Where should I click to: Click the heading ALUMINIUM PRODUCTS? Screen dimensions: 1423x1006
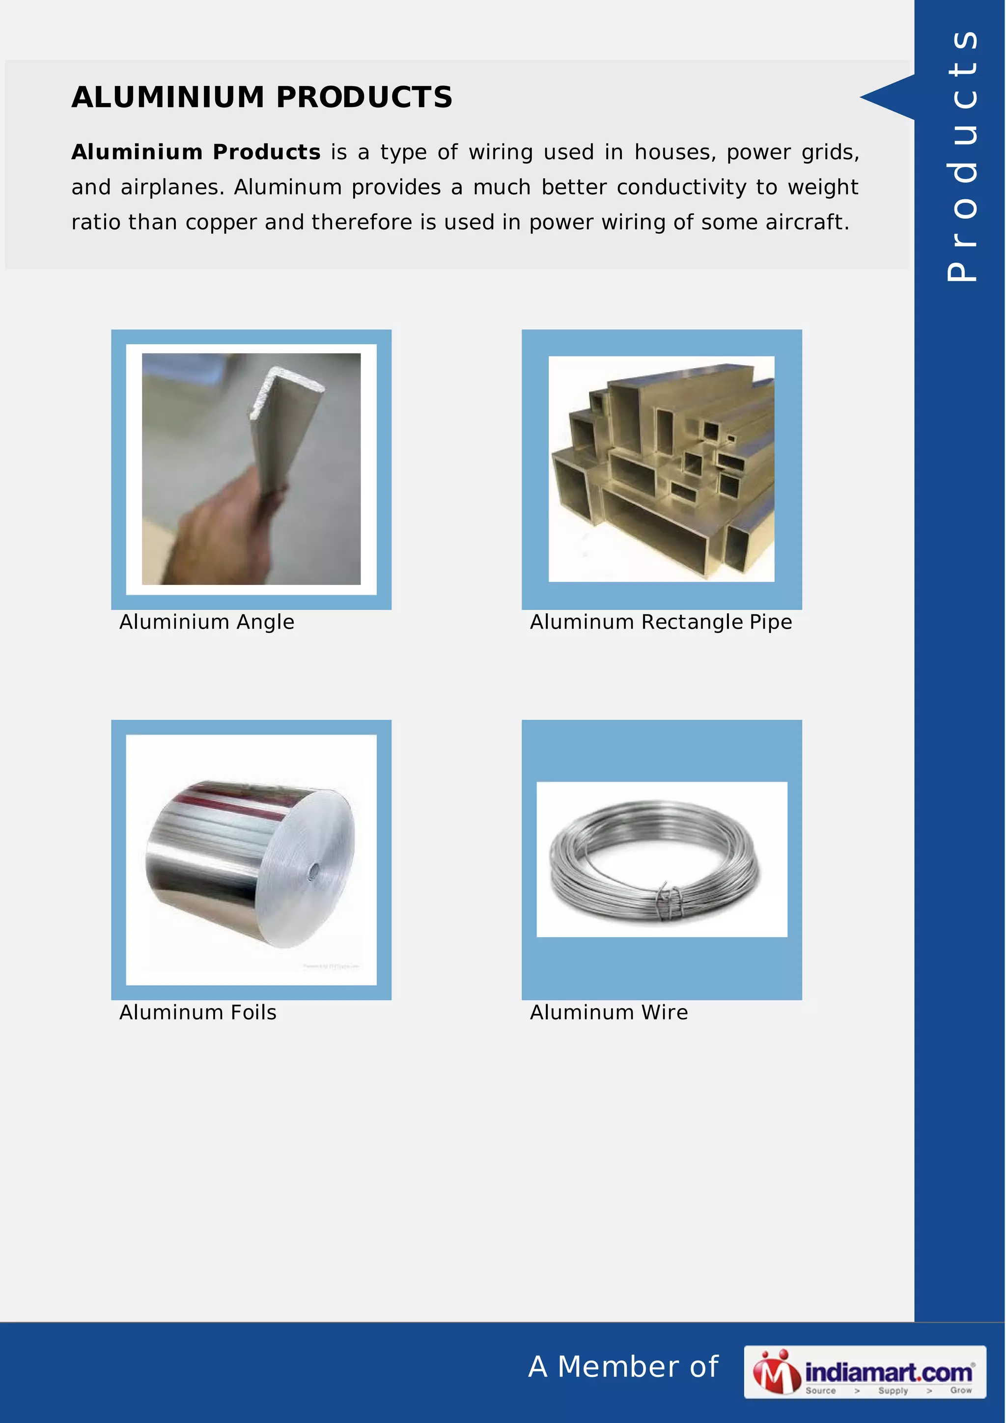262,97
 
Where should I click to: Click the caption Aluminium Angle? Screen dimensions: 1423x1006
206,622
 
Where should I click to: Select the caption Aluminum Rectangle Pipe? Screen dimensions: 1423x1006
661,622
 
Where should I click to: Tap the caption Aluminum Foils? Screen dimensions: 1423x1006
198,1012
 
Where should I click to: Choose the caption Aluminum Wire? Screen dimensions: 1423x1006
609,1012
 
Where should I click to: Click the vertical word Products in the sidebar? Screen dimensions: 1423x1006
961,155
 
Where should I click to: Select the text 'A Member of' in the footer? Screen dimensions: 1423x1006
623,1367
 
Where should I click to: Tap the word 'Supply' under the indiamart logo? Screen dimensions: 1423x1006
893,1390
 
